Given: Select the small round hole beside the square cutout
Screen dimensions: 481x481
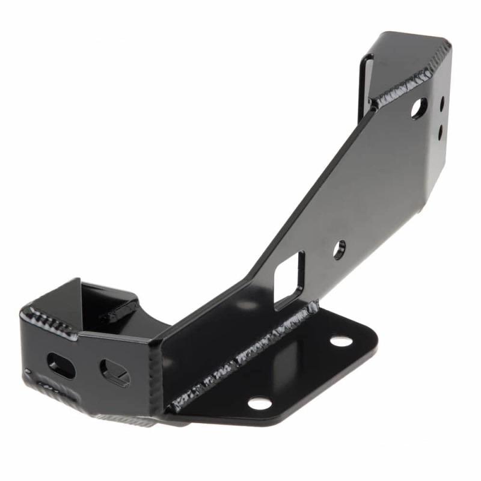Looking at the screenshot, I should (x=340, y=249).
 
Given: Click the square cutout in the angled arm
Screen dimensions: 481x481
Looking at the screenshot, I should (x=289, y=280).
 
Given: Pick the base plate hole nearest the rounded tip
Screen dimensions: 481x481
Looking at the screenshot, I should (x=341, y=341).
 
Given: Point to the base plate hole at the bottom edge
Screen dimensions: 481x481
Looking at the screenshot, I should (x=260, y=403).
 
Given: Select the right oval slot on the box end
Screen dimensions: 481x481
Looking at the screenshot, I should (x=114, y=373).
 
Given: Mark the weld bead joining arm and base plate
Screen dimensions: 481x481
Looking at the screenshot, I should (x=240, y=361).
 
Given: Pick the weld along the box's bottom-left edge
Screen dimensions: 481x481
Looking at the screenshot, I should (x=54, y=394).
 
